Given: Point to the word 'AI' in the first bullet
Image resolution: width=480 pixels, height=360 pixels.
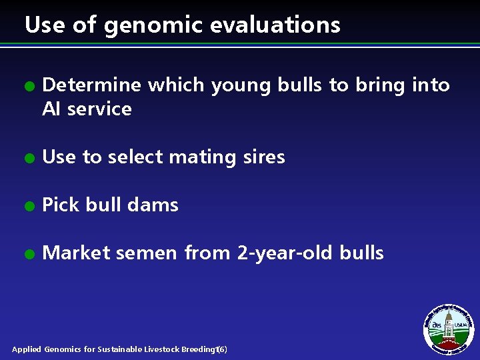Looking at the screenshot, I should [51, 109].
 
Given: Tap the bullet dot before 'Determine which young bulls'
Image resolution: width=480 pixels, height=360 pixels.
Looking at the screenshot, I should [28, 87].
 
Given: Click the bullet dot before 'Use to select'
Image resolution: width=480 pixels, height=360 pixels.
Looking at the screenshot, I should [28, 159].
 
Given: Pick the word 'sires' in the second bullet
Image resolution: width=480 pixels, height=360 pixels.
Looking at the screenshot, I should [266, 157].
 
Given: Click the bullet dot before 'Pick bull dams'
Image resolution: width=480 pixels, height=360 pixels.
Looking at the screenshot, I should [28, 207].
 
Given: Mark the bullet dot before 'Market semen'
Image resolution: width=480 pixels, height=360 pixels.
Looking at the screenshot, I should [28, 255].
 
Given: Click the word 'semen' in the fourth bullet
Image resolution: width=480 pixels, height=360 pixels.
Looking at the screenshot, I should [149, 254].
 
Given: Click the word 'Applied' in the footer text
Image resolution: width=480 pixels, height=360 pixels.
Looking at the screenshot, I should [27, 349].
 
